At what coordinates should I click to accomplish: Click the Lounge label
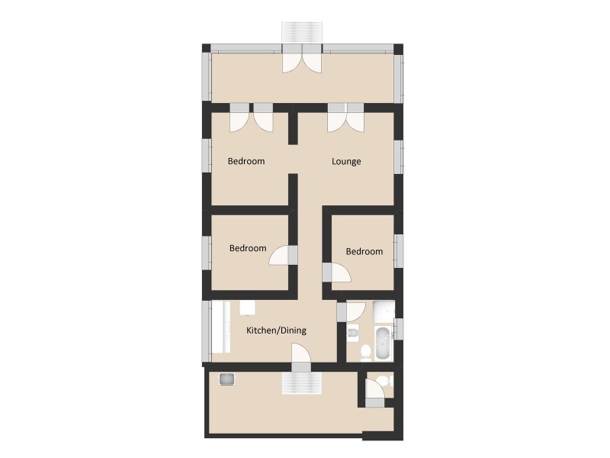346,162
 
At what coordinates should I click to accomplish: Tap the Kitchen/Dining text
276,331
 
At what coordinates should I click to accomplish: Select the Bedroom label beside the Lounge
246,162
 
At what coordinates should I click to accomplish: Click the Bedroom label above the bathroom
364,252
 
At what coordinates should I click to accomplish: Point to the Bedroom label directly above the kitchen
248,248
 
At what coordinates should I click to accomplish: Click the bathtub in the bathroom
382,346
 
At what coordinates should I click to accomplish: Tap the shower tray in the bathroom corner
384,311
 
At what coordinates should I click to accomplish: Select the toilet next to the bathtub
365,351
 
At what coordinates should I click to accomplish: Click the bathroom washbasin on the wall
352,333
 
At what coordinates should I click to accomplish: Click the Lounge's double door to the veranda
346,118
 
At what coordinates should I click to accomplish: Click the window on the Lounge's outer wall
398,157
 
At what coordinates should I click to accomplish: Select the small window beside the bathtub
399,328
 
